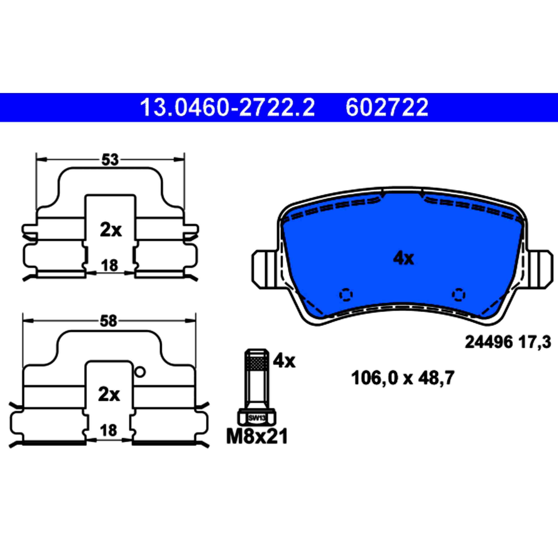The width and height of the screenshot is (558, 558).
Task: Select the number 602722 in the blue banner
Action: [387, 107]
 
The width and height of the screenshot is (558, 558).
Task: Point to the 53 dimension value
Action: [110, 160]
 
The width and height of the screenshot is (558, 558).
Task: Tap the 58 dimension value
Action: [109, 321]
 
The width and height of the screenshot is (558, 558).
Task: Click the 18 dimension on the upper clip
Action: [110, 265]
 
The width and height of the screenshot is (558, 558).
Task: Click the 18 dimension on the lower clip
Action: [109, 430]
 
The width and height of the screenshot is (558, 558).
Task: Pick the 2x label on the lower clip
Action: [109, 395]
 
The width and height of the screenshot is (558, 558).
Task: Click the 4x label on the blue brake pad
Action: [403, 258]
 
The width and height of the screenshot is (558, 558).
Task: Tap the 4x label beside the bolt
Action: [284, 361]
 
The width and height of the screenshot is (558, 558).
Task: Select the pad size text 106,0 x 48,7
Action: [403, 378]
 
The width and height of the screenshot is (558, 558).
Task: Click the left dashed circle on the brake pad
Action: [346, 295]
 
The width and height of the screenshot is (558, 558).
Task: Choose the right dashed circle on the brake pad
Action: [458, 295]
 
